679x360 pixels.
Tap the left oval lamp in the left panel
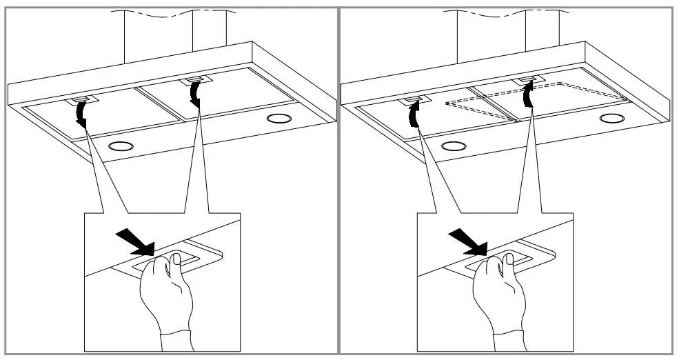click(x=121, y=146)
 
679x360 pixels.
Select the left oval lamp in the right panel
click(x=453, y=146)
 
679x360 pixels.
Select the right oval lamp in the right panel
click(x=611, y=119)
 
